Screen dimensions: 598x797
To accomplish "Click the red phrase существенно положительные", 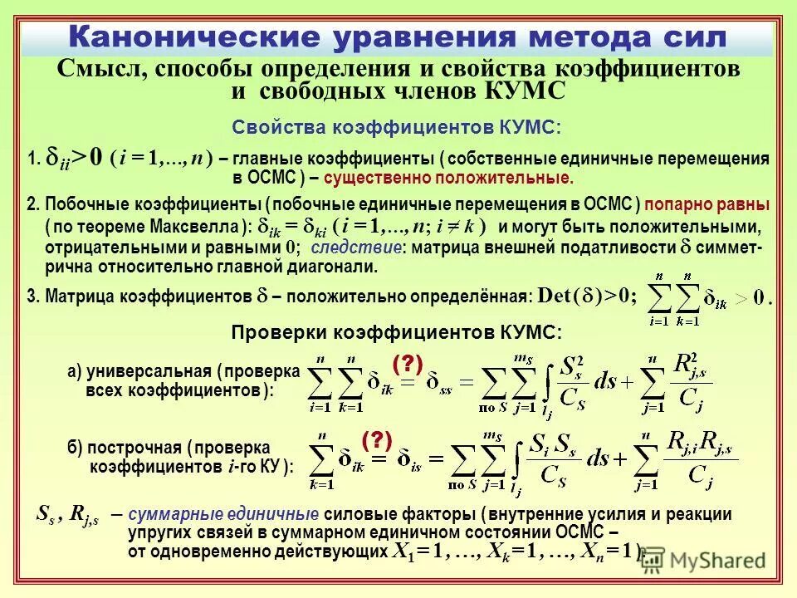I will [448, 178].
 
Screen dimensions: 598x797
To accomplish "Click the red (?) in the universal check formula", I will [408, 362].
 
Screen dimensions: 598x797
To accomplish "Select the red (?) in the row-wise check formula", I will [376, 440].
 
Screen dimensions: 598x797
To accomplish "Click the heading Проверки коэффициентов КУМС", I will [396, 332].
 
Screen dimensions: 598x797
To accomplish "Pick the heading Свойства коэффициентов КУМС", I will [396, 127].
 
